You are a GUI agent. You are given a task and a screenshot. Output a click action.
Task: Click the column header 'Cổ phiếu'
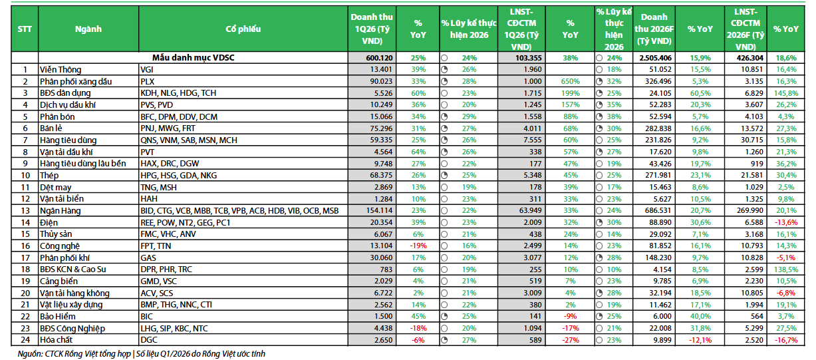(243, 29)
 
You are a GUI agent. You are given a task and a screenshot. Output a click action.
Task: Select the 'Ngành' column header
(88, 29)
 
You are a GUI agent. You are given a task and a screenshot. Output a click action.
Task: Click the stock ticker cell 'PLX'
(148, 81)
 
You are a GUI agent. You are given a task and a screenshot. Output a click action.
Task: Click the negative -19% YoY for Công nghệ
(418, 246)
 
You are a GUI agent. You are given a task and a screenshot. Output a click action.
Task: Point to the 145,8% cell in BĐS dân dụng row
(787, 93)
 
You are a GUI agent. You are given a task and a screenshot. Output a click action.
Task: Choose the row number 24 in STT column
(25, 341)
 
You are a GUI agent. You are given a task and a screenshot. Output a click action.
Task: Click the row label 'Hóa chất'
(57, 341)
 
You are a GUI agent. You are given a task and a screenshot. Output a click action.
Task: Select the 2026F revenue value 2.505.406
(654, 58)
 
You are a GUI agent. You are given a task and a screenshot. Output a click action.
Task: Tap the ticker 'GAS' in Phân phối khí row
(148, 258)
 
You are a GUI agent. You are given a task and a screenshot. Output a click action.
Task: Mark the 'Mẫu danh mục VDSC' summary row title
(193, 58)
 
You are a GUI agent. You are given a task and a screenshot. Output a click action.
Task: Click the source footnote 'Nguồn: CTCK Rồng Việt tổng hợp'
(73, 354)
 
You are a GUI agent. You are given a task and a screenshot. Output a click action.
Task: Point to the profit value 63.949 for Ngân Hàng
(529, 211)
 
